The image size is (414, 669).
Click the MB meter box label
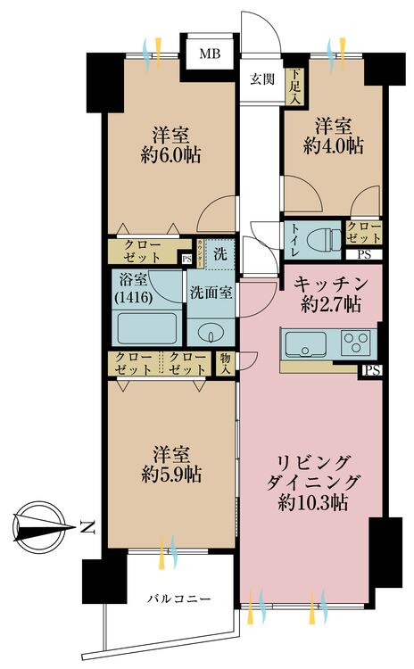209,54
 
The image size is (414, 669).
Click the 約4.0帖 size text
334,145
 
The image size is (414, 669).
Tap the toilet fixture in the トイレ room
321,238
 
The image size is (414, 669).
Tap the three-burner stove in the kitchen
357,343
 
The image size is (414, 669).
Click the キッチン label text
327,283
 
